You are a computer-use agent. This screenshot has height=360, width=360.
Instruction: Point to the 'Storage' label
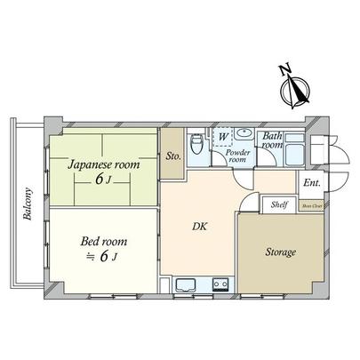(x=280, y=252)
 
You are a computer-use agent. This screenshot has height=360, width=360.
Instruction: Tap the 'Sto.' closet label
(x=173, y=156)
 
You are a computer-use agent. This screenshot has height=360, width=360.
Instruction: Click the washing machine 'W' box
(x=224, y=137)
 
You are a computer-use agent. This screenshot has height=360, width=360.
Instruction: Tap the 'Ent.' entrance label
(x=311, y=183)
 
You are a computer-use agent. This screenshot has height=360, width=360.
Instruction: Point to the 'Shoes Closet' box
(x=311, y=205)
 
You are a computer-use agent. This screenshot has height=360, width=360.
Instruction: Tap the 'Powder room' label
(x=237, y=157)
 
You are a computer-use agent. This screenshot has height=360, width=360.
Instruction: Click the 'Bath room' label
(x=271, y=140)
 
